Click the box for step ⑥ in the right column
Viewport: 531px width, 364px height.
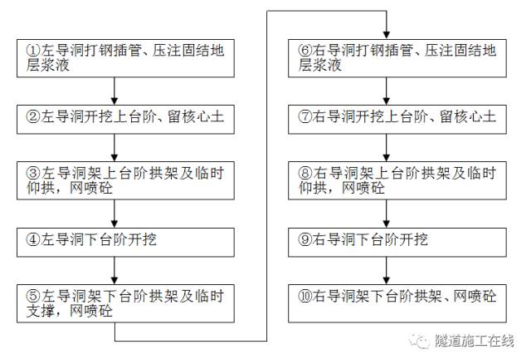coord(386,57)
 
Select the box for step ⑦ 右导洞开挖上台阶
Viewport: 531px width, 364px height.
coord(386,118)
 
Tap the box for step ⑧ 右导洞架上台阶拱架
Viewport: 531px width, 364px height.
coord(386,180)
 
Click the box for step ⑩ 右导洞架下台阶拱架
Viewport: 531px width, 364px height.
coord(386,295)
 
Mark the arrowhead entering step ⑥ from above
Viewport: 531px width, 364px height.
coord(386,32)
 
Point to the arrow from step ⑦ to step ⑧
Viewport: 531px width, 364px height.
coord(386,149)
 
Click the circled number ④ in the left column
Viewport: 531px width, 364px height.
coord(30,241)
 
